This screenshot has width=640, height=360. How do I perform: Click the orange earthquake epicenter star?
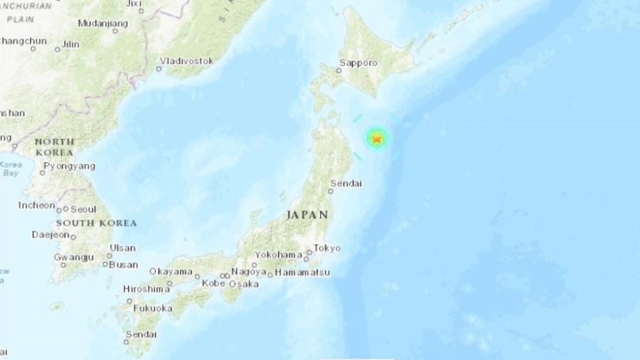[376, 139]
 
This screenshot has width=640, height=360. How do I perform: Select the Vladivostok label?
[187, 61]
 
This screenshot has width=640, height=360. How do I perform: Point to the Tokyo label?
[327, 248]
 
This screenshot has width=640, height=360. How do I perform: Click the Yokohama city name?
[280, 254]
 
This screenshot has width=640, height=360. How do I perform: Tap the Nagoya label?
[250, 271]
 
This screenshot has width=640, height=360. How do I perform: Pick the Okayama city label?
[171, 271]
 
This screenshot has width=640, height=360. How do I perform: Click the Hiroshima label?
[146, 290]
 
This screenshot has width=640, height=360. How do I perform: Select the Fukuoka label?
[153, 308]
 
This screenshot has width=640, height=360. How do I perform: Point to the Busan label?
[124, 264]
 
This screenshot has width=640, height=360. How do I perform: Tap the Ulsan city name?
[122, 248]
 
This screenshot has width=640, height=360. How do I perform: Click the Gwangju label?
[73, 257]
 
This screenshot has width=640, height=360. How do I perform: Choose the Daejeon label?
[51, 234]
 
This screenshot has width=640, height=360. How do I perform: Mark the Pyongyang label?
[68, 166]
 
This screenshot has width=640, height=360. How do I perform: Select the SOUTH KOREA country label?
[97, 223]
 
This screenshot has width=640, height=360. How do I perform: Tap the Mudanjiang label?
[102, 23]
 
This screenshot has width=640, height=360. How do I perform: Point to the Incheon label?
[37, 206]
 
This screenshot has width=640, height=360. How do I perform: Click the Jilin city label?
[70, 44]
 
